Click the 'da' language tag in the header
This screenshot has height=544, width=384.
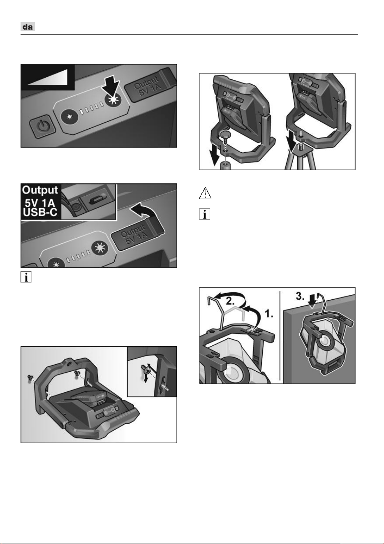[28, 27]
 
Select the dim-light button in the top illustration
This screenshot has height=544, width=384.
[70, 117]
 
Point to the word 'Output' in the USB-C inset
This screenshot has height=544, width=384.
[40, 190]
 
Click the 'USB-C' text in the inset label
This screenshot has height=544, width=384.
[40, 212]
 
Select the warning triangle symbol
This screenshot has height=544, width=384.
[205, 193]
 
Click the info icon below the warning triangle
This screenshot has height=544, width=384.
[204, 214]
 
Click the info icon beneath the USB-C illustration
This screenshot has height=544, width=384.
[26, 277]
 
